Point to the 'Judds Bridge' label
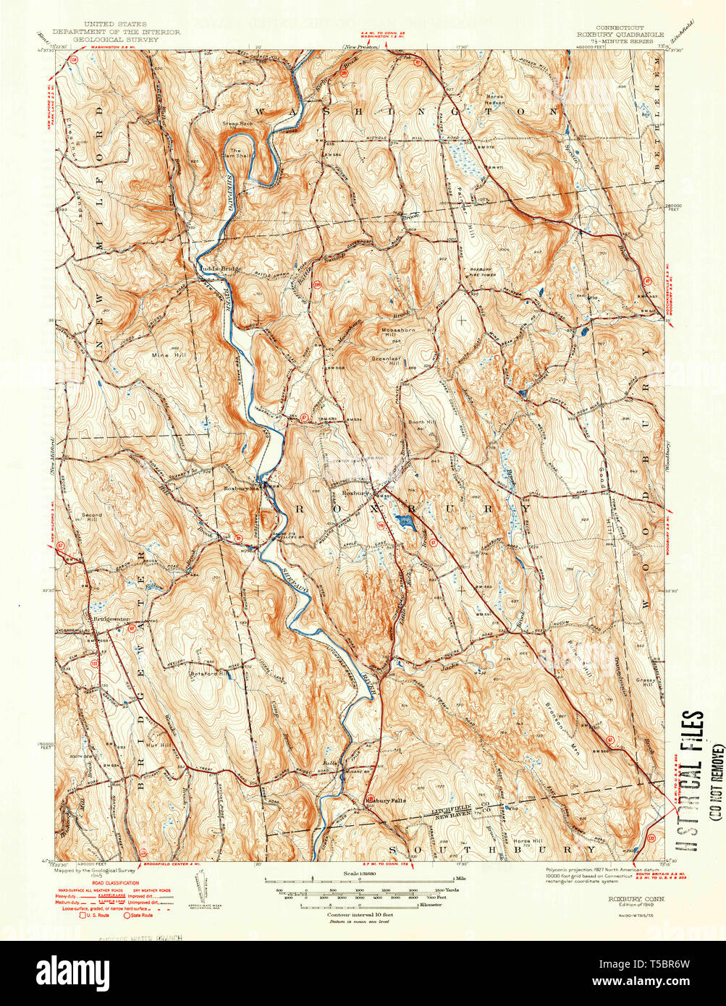click(216, 270)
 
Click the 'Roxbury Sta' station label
click(242, 489)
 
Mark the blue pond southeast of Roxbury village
click(403, 519)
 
